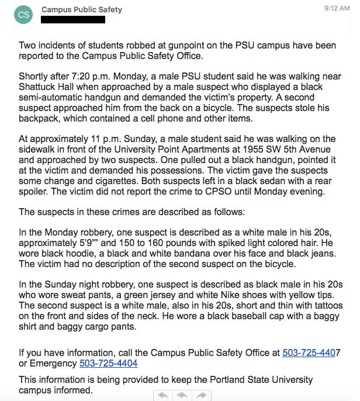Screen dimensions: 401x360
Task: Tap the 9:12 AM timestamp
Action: pyautogui.click(x=337, y=9)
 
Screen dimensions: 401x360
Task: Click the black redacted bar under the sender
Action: pyautogui.click(x=74, y=20)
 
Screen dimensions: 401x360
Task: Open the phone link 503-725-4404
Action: pyautogui.click(x=108, y=363)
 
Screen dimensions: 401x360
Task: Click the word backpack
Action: pyautogui.click(x=38, y=118)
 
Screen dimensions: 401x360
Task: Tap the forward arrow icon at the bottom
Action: pyautogui.click(x=202, y=395)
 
